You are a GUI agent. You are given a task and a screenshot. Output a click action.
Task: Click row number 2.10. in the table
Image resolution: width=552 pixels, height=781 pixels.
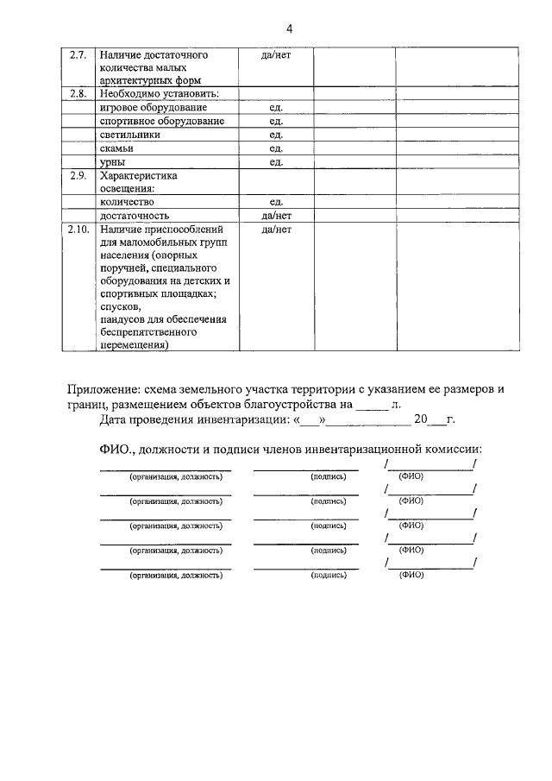pyautogui.click(x=78, y=230)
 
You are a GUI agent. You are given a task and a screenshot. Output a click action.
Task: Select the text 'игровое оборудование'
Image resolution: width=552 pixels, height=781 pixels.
pyautogui.click(x=153, y=107)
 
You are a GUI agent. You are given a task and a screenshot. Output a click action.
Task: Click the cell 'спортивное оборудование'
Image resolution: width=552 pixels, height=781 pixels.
pyautogui.click(x=162, y=121)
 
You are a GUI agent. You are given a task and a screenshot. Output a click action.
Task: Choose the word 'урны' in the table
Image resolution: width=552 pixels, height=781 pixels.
pyautogui.click(x=113, y=162)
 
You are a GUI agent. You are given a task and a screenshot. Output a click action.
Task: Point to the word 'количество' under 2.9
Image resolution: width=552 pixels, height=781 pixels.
pyautogui.click(x=127, y=202)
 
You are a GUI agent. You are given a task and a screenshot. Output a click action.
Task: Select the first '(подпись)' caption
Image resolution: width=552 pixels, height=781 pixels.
pyautogui.click(x=329, y=476)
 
